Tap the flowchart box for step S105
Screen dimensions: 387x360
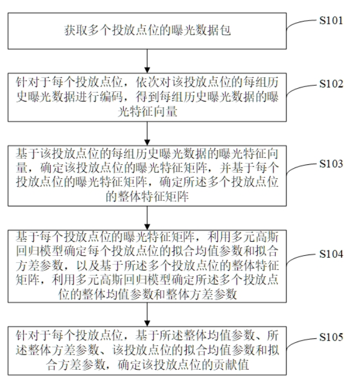click(146, 349)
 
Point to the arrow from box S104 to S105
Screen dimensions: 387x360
click(146, 313)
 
